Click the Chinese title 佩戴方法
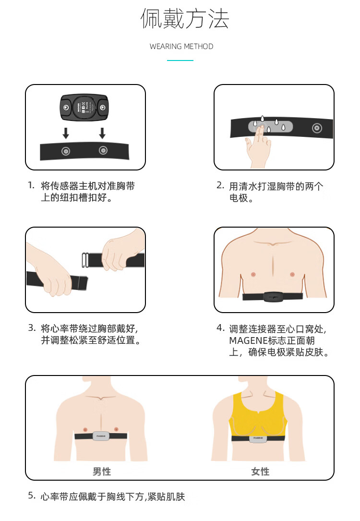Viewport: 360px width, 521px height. [x=185, y=19]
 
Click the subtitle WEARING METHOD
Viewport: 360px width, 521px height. [x=181, y=47]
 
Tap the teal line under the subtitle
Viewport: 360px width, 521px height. [x=180, y=61]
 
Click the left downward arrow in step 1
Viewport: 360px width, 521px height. [x=66, y=133]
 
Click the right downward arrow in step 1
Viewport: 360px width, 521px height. [x=102, y=133]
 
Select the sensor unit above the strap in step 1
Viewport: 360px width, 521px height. [x=84, y=108]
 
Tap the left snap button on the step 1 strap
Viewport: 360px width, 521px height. [x=66, y=152]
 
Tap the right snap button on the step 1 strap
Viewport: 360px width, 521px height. [x=103, y=150]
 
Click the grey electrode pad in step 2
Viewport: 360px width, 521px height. [x=270, y=126]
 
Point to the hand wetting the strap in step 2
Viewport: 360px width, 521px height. [x=258, y=148]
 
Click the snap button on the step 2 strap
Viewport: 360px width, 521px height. [x=317, y=128]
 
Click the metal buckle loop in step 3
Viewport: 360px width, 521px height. [x=85, y=260]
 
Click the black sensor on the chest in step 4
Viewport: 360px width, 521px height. [x=273, y=297]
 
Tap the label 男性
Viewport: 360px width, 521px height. [x=102, y=471]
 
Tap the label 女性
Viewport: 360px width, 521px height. [x=260, y=471]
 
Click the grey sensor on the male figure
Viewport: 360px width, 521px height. [x=101, y=436]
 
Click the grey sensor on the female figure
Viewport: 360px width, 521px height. [x=258, y=438]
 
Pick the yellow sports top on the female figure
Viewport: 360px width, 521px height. [x=258, y=414]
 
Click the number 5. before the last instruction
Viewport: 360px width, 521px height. [x=32, y=496]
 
